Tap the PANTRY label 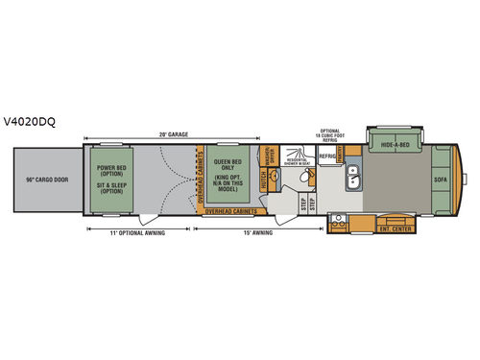343,155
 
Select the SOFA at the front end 440,180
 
